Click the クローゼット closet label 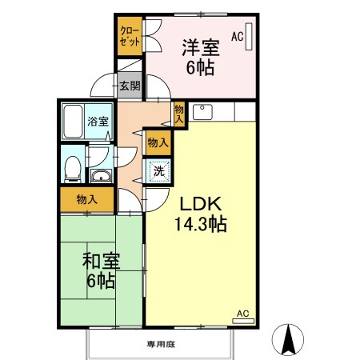click(x=128, y=36)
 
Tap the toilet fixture click(x=72, y=166)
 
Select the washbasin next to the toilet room click(x=101, y=176)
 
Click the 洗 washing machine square click(x=158, y=170)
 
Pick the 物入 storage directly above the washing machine click(x=158, y=142)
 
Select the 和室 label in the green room click(x=100, y=260)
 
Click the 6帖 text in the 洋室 click(x=200, y=68)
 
